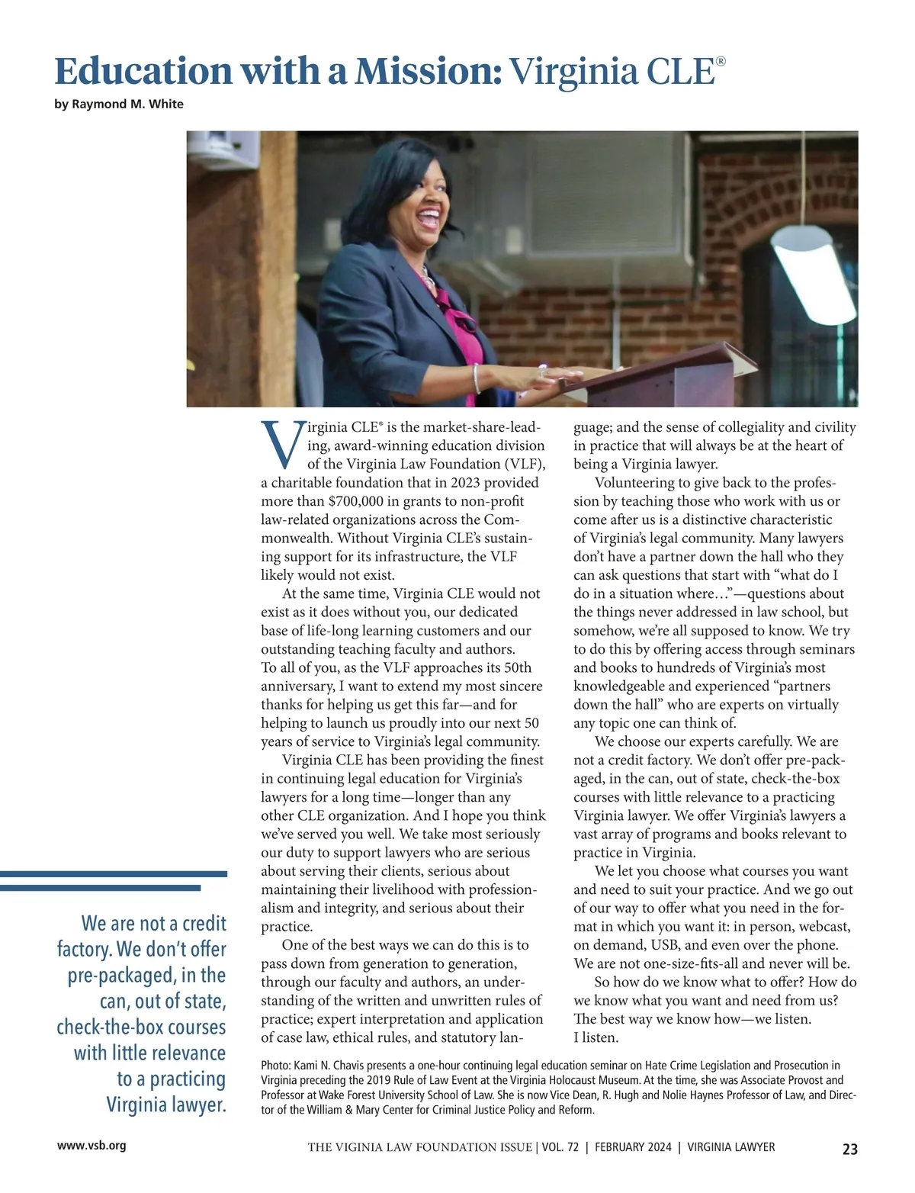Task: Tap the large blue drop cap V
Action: (281, 445)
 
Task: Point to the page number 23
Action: (849, 1149)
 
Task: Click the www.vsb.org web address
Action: (91, 1146)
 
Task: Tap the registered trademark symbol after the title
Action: (721, 59)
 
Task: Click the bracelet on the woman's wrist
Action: (477, 378)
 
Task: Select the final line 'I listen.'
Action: (596, 1037)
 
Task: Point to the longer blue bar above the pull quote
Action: (114, 874)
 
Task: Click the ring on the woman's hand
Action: (541, 373)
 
